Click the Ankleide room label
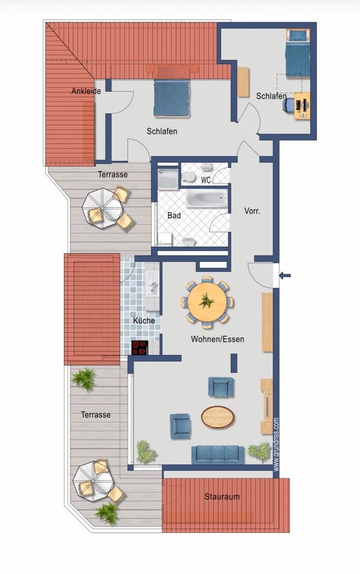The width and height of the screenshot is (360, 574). click(x=86, y=91)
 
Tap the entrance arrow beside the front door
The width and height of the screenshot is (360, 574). click(x=285, y=275)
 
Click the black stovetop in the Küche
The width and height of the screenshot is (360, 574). click(x=140, y=347)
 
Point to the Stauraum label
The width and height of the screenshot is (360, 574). click(x=222, y=497)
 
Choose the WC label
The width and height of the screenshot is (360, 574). click(x=206, y=180)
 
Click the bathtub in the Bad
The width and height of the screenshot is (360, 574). click(x=207, y=199)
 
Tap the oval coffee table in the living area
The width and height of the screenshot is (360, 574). click(x=218, y=417)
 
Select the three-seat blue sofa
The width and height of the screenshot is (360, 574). click(x=218, y=454)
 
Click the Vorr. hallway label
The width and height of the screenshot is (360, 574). click(x=252, y=211)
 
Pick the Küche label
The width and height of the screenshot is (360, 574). click(x=144, y=320)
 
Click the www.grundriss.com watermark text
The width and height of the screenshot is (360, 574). click(x=276, y=444)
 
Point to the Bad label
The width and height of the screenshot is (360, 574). click(x=174, y=215)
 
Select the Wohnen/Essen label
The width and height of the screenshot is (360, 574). click(x=218, y=339)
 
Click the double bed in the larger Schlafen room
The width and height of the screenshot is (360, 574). click(x=172, y=98)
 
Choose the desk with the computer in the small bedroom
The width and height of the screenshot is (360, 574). click(x=302, y=105)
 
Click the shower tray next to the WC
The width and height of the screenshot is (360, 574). click(x=168, y=179)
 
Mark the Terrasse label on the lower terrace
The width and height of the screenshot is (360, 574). click(x=96, y=415)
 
